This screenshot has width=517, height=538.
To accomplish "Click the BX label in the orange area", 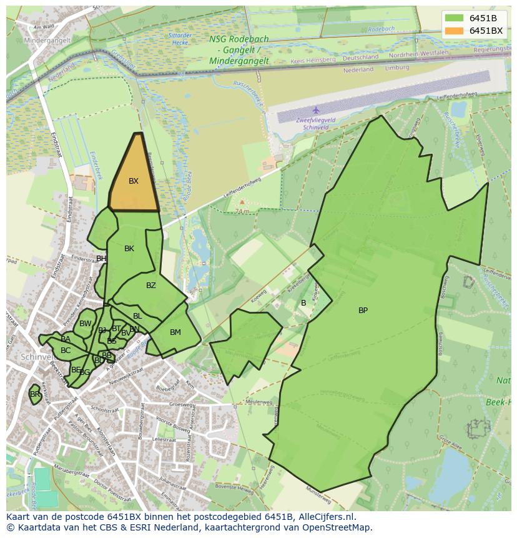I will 134,181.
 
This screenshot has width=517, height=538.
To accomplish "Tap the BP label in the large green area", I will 363,311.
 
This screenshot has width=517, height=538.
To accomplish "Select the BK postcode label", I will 129,249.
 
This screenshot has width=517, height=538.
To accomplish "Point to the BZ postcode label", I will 151,286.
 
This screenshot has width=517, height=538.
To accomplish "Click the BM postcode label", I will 175,332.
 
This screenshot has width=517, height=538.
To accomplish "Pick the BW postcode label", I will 86,324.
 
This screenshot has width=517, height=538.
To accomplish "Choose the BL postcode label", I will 137,316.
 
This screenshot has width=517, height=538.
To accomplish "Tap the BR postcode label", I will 35,394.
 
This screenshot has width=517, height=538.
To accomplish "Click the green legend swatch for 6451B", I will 455,18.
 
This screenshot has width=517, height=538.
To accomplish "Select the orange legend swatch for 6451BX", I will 455,31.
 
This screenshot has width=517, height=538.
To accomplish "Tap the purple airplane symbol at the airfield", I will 316,110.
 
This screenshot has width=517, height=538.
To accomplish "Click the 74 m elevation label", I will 242,211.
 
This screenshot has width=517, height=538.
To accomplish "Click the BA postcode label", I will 66,339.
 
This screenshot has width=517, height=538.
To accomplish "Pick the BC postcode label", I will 66,351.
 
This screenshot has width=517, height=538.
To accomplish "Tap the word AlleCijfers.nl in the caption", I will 325,517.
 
